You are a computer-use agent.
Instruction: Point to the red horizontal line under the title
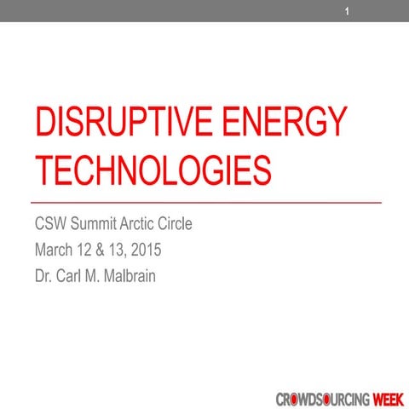coord(205,203)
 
